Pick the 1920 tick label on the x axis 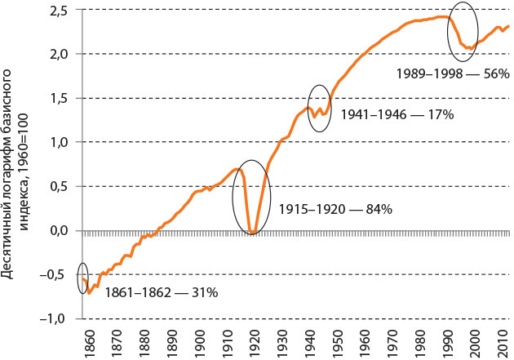point(254,341)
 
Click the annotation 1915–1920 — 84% point(336,210)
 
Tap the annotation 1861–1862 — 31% point(138,291)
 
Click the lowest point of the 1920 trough point(253,234)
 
